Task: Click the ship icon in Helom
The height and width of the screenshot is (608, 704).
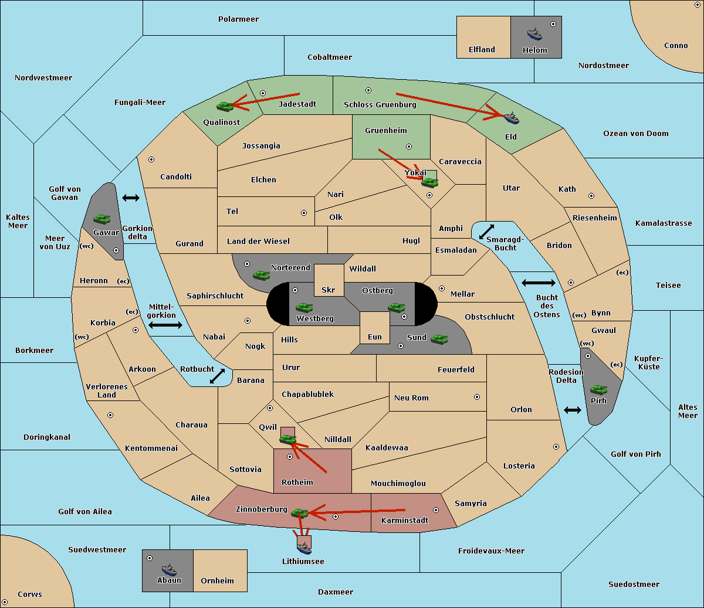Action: tap(534, 33)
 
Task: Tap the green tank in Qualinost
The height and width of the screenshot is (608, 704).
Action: tap(225, 106)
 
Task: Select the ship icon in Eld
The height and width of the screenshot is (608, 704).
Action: tap(512, 118)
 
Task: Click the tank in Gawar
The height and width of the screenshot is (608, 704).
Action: tap(102, 219)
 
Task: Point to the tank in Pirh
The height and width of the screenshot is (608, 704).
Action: tap(598, 389)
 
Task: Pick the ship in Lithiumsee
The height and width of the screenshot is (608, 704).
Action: tap(304, 548)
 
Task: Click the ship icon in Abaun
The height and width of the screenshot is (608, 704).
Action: tap(168, 569)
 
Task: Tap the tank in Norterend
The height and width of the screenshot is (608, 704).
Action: tap(261, 275)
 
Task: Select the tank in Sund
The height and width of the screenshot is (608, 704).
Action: tap(439, 339)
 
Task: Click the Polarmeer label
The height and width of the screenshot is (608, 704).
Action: tap(238, 19)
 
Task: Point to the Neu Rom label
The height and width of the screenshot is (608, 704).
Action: tap(411, 398)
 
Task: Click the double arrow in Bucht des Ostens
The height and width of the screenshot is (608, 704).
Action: tap(538, 283)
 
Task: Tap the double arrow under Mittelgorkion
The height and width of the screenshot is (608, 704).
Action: tap(165, 325)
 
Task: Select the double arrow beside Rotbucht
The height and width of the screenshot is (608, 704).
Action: tap(217, 376)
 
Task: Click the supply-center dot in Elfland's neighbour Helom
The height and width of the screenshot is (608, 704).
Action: tap(553, 24)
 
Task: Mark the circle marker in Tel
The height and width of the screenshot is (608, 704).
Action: tap(304, 213)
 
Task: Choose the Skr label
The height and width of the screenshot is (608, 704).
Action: tap(329, 290)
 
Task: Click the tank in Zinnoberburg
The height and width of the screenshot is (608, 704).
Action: tap(299, 513)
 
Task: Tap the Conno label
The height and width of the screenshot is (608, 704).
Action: tap(676, 45)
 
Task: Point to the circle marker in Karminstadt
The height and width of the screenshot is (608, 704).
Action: tap(436, 510)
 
